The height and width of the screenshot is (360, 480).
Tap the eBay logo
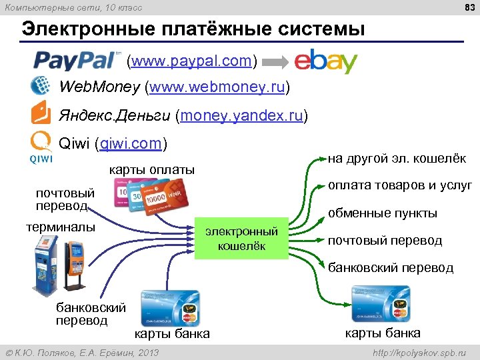click(326, 61)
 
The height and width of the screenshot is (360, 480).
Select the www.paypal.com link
click(192, 62)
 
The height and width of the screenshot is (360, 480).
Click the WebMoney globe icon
click(41, 87)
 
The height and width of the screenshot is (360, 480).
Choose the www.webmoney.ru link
click(219, 87)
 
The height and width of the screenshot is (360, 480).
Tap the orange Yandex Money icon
click(41, 113)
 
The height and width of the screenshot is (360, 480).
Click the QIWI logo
click(41, 147)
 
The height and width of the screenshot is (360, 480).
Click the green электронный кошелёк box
click(241, 239)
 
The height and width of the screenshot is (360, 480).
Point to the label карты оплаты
click(152, 170)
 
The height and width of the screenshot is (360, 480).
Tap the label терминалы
click(61, 227)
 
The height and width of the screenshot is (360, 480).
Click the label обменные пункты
click(383, 213)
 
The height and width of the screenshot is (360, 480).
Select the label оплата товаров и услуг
click(400, 185)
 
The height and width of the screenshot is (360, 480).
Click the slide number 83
click(467, 7)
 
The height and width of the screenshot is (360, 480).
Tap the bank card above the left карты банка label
click(170, 307)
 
